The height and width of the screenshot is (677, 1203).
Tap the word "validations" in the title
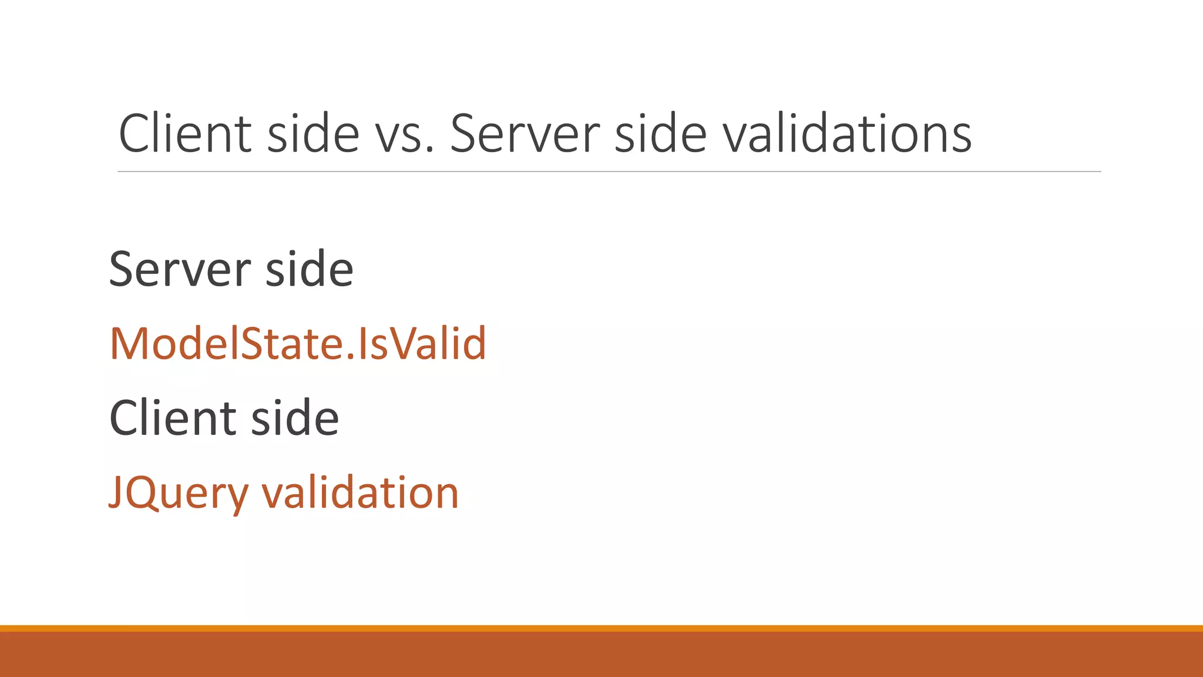[846, 134]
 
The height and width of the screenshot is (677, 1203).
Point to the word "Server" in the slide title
[525, 134]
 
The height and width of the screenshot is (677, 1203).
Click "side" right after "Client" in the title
[312, 134]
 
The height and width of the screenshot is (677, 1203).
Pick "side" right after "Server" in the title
[660, 134]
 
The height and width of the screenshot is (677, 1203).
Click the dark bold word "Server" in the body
[180, 269]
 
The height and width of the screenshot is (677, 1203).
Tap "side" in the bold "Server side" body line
[309, 269]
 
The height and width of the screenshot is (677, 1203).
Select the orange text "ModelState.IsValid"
[298, 343]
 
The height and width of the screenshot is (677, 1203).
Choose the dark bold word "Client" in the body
[173, 418]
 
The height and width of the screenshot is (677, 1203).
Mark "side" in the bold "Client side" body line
[295, 418]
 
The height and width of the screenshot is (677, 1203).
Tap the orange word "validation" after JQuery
[359, 492]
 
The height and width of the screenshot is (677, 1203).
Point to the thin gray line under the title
[609, 172]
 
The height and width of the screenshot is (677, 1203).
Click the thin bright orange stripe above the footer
[601, 628]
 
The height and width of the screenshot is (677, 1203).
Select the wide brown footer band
[601, 655]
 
